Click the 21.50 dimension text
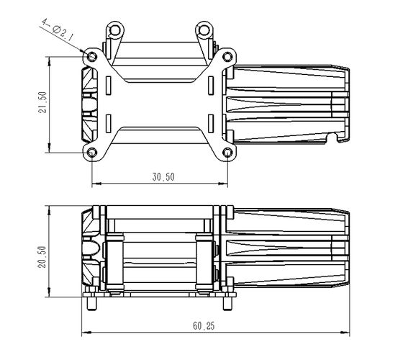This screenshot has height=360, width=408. tap(42, 102)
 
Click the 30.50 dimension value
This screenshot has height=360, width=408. tap(163, 177)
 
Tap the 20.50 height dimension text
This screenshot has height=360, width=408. tap(42, 257)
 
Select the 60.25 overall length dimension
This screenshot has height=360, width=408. tap(204, 326)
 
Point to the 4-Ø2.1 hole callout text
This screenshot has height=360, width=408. tap(58, 30)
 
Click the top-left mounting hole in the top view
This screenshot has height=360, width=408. tap(92, 56)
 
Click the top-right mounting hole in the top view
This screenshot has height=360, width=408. tap(227, 56)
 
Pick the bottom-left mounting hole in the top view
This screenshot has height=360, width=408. tap(92, 153)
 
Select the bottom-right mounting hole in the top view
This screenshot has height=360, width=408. tap(227, 153)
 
